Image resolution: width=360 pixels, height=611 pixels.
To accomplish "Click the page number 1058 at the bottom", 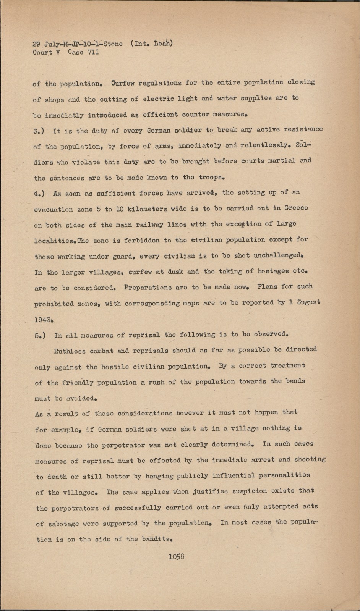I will (x=176, y=556).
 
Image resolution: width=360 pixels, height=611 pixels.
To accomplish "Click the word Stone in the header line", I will (x=113, y=44).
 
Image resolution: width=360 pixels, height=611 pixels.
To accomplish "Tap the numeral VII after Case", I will (x=93, y=52).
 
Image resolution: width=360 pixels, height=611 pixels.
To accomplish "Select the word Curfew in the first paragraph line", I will (x=123, y=83).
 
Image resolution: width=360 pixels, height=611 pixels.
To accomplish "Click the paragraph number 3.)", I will (x=39, y=131).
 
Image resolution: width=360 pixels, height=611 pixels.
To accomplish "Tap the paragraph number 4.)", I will (x=39, y=194).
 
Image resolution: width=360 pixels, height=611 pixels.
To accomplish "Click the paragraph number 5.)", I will (x=40, y=336).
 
